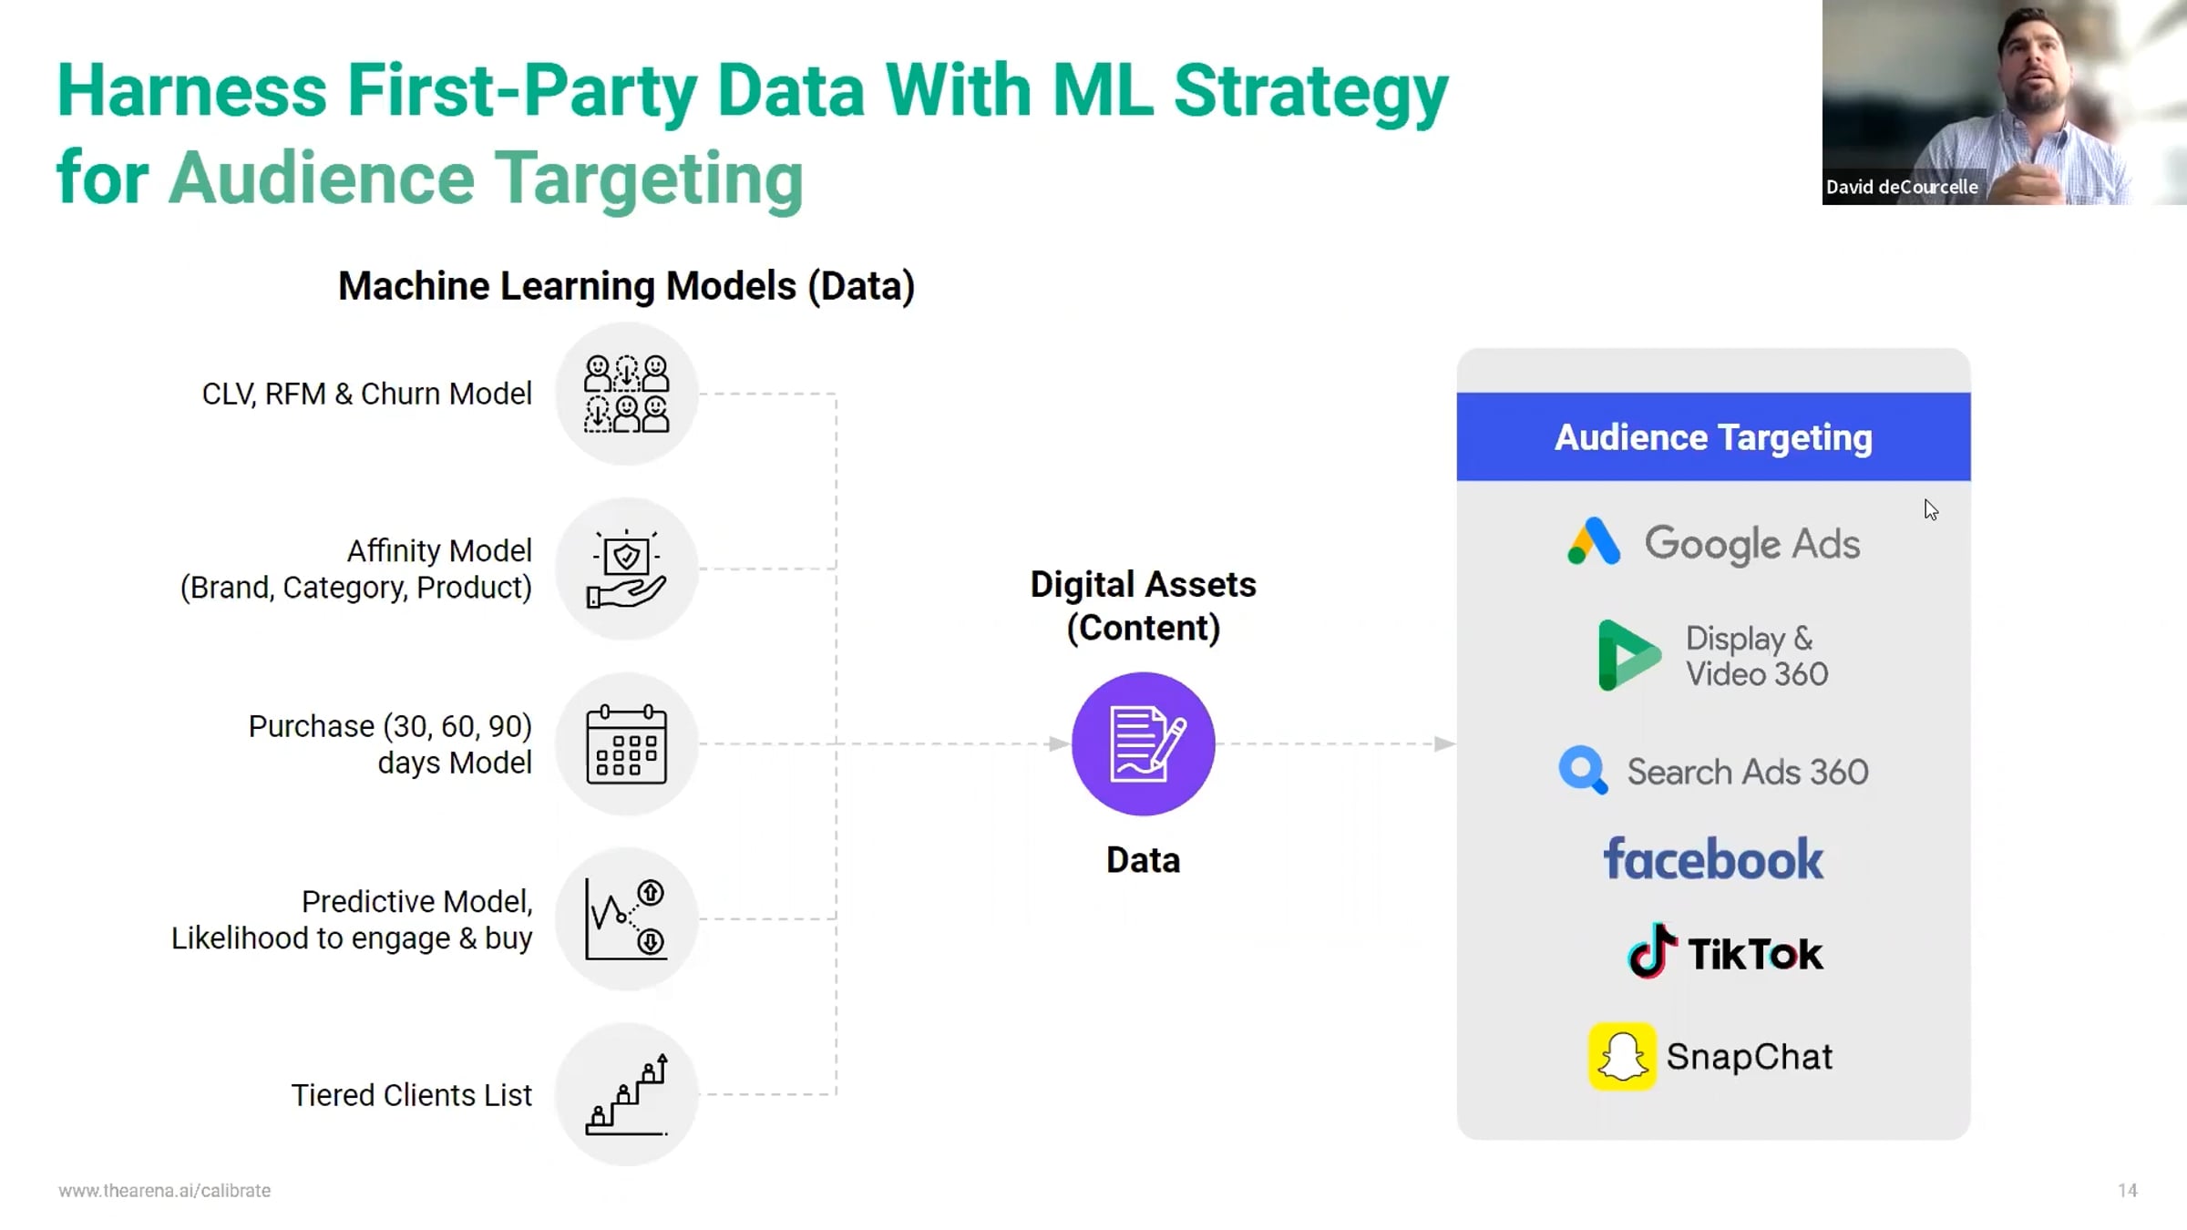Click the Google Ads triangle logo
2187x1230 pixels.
pos(1594,542)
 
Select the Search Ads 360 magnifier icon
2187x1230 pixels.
pos(1583,771)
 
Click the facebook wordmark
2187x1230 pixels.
pos(1713,859)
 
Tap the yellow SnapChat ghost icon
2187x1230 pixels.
pos(1622,1057)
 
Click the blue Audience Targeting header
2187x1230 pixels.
pos(1713,437)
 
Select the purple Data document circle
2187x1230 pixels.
pos(1143,743)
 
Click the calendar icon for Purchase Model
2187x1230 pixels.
pos(627,744)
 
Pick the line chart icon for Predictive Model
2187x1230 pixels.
pos(627,919)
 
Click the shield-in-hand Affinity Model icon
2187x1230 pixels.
pos(627,569)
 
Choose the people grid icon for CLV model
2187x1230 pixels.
pos(627,394)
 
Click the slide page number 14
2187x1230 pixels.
pos(2127,1191)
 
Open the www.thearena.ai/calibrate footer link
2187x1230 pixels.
pos(165,1191)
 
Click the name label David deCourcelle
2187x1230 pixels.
pos(1902,187)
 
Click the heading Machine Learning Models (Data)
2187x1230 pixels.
pos(626,286)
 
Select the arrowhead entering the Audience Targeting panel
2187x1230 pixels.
pos(1445,743)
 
